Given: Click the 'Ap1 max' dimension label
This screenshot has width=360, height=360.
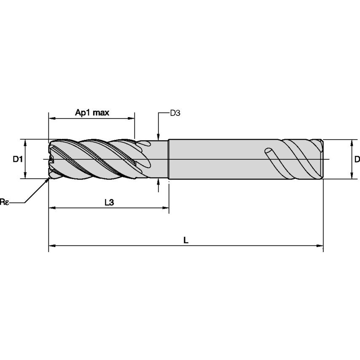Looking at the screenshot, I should (x=92, y=113).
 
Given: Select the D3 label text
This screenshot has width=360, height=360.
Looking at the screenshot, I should (x=175, y=113).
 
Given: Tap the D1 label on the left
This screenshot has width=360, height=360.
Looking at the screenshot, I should (x=17, y=159).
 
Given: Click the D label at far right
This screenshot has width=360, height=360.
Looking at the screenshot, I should (x=357, y=159).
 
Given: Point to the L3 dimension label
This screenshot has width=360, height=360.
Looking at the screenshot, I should (x=109, y=202).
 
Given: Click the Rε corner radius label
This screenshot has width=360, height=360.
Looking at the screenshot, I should (x=4, y=202).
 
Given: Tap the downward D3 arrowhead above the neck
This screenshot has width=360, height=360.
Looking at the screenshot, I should (x=158, y=137).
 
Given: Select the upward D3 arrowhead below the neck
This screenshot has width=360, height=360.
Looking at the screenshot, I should (x=158, y=181).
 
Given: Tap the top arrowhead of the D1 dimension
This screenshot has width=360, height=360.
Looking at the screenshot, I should (x=26, y=142).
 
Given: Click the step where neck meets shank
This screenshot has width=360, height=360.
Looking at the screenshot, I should (x=169, y=159).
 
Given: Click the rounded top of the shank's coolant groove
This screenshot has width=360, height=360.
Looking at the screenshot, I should (x=267, y=150).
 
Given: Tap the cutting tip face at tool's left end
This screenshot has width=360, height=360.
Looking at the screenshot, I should (x=50, y=159).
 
